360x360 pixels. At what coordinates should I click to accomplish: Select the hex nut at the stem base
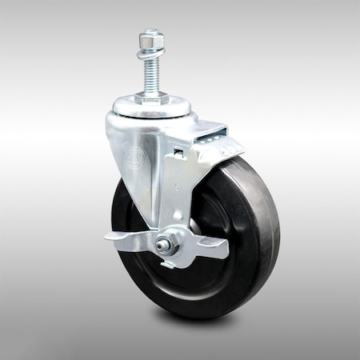152,96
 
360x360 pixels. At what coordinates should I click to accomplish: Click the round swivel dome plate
152,107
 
